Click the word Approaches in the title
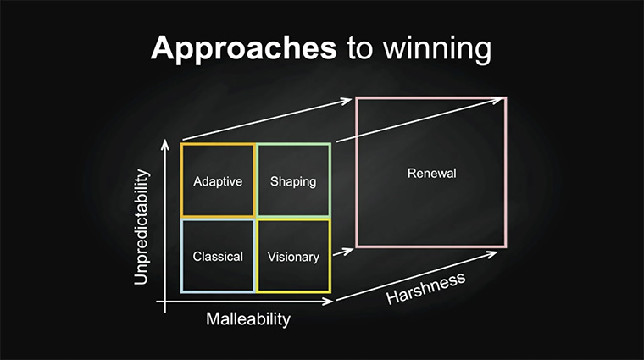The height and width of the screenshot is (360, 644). [x=243, y=49]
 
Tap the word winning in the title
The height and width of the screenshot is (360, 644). [x=437, y=49]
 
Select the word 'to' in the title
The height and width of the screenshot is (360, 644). [x=360, y=48]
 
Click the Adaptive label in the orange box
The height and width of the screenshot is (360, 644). [x=218, y=181]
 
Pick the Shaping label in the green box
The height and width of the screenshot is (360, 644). [x=293, y=181]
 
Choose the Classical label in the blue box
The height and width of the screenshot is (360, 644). [x=218, y=257]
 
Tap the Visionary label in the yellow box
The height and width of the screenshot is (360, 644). [x=293, y=257]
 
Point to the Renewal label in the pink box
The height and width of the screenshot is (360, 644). [x=431, y=174]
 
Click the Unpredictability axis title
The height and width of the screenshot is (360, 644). [x=141, y=227]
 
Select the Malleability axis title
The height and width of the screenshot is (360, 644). [x=248, y=319]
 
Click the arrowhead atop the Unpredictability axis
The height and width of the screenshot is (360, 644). [x=165, y=144]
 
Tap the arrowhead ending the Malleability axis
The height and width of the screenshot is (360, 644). [x=328, y=302]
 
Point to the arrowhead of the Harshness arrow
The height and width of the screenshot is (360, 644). [x=492, y=255]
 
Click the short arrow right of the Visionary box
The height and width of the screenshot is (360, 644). [x=343, y=252]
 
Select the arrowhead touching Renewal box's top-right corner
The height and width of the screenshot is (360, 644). [x=497, y=100]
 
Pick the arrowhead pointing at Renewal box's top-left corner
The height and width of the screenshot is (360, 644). [x=346, y=101]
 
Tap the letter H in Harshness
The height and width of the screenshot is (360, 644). [x=393, y=297]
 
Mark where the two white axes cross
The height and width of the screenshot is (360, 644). [x=165, y=302]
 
